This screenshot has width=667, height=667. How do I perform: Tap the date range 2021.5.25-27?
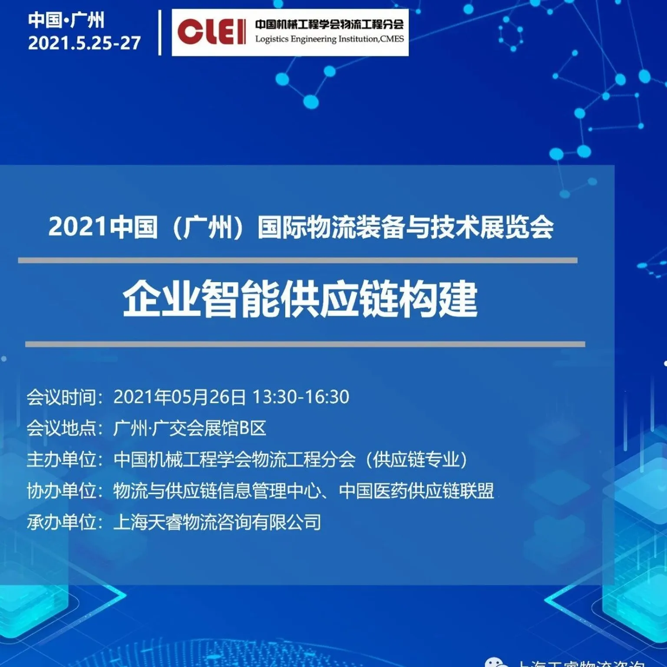[84, 43]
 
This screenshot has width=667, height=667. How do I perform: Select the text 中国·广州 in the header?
[66, 20]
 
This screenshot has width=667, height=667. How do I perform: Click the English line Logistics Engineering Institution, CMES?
[329, 39]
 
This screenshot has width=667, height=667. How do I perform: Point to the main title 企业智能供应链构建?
[300, 299]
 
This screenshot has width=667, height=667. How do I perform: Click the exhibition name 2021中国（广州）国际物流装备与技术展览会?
[300, 227]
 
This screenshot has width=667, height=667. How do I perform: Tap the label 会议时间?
[62, 397]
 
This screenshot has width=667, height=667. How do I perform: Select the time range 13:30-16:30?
[300, 397]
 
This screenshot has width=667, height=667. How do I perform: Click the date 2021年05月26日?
[179, 397]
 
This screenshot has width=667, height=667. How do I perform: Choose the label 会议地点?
[62, 428]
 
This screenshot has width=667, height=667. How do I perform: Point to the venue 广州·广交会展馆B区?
[189, 428]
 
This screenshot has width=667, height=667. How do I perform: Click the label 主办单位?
[62, 459]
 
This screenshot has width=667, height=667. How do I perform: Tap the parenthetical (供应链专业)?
[416, 459]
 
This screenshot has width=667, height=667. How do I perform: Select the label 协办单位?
[62, 491]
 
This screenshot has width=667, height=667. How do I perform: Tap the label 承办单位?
[62, 522]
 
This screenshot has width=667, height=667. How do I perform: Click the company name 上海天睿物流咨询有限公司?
[217, 522]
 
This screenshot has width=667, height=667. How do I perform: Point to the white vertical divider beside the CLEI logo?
[160, 33]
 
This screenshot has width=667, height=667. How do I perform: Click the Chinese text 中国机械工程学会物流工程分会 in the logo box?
[329, 24]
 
